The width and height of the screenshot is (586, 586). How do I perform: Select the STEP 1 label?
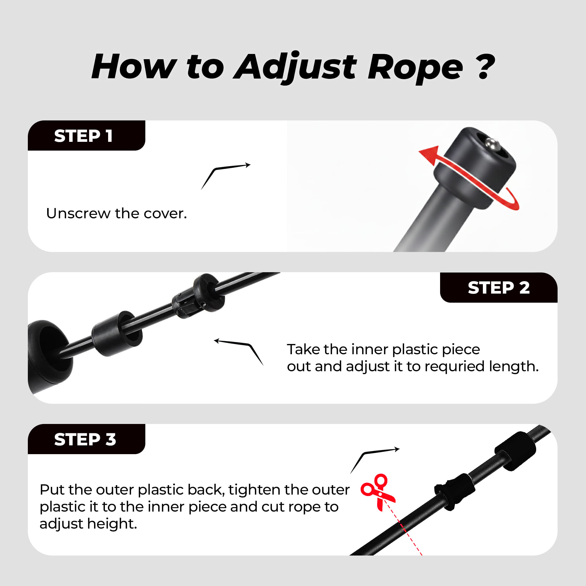(84, 136)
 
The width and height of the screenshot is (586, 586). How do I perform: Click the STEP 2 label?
(499, 287)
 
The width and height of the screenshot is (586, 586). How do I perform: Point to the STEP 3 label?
(85, 439)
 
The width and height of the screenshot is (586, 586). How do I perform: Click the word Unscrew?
(78, 213)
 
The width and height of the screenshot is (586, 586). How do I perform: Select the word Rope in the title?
(415, 69)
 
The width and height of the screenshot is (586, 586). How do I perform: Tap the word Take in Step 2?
(304, 350)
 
